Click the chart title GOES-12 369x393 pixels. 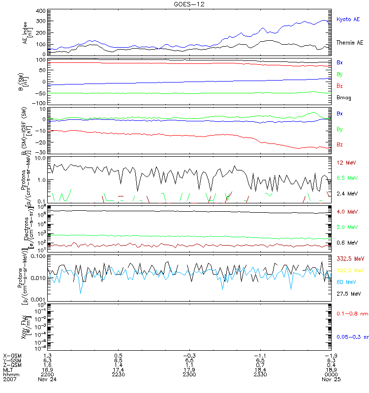pos(184,3)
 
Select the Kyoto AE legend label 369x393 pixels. pos(348,19)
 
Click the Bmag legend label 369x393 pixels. pos(343,98)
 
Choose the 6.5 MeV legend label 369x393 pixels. pos(347,178)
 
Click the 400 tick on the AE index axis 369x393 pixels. pos(41,11)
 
